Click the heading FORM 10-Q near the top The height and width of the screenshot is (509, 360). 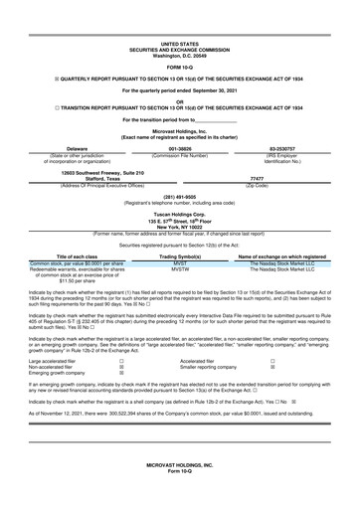[179, 67]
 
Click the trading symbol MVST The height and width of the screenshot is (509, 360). [180, 262]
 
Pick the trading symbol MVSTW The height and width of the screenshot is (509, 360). [180, 268]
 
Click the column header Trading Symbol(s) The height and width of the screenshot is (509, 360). [180, 255]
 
